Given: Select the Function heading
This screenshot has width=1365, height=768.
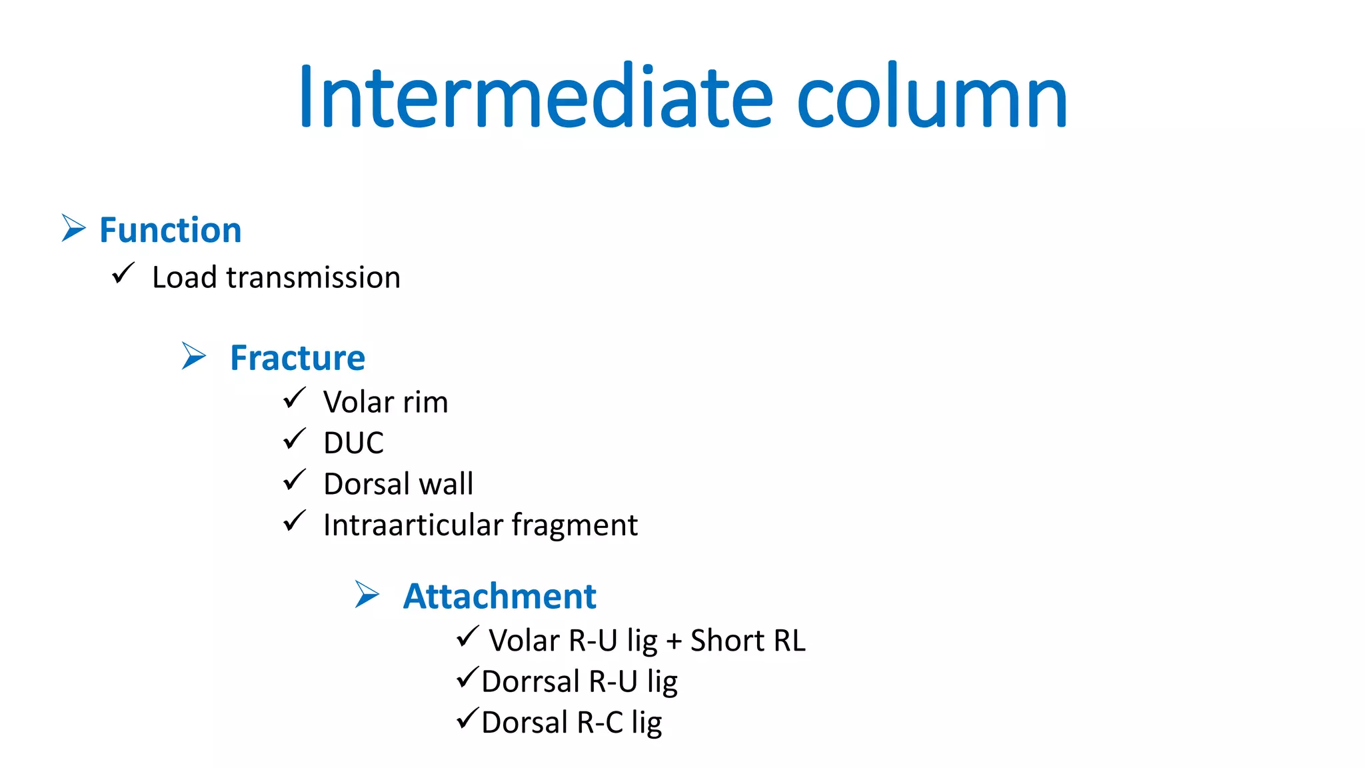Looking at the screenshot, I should [170, 230].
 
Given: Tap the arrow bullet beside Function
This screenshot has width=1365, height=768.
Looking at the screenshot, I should [73, 228].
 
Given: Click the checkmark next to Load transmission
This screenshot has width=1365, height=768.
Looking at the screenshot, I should [123, 273].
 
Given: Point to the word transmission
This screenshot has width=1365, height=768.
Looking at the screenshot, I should [313, 277].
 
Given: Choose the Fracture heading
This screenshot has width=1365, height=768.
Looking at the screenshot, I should [297, 358].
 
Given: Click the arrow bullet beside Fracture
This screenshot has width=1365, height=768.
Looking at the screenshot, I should [194, 356].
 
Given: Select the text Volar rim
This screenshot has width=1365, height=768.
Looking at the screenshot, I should [385, 402].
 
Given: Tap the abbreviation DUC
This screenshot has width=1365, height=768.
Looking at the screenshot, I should [353, 443].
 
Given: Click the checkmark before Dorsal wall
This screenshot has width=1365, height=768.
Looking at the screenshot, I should [294, 480].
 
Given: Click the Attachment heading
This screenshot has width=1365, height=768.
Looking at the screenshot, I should [499, 596].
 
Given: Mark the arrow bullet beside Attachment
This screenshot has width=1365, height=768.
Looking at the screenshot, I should [367, 594].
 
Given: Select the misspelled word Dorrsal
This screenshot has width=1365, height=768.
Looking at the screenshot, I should [531, 681].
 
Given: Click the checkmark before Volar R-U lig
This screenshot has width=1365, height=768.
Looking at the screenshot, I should [467, 637].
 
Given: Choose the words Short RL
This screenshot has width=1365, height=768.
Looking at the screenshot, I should [748, 641].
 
